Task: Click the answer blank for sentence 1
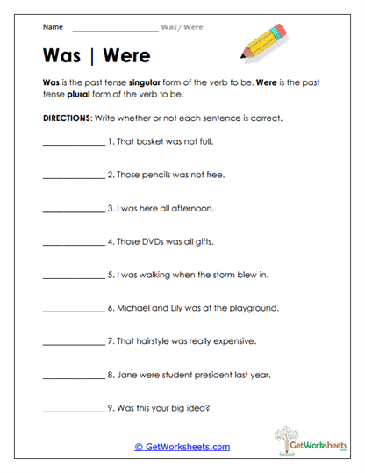(x=73, y=143)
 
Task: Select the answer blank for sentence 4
(x=73, y=243)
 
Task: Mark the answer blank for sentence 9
(x=73, y=410)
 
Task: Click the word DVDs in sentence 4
(x=154, y=240)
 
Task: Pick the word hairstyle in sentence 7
(x=158, y=341)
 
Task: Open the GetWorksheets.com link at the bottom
(x=182, y=447)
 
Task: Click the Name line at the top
(x=116, y=27)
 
